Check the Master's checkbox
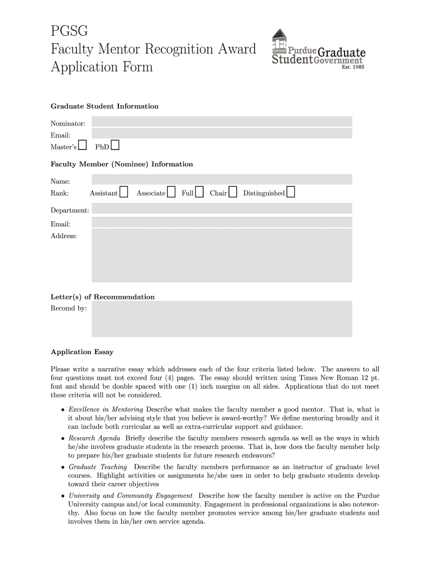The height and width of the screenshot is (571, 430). [x=83, y=146]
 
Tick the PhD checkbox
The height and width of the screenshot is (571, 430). [x=115, y=146]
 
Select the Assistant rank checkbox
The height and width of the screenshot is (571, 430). [x=124, y=192]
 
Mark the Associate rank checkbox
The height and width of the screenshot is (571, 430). [x=171, y=192]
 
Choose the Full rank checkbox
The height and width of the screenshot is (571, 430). [x=199, y=192]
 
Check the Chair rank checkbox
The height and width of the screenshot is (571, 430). [x=233, y=192]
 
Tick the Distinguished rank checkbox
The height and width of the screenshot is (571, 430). [x=291, y=192]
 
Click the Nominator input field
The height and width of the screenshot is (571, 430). [x=222, y=122]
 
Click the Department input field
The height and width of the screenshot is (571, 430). [x=222, y=209]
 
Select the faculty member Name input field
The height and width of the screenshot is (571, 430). [x=222, y=179]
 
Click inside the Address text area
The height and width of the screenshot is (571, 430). [x=222, y=256]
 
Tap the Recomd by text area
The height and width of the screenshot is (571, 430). [x=222, y=319]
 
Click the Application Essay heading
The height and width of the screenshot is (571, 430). [x=82, y=352]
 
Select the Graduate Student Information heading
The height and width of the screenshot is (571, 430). [x=104, y=106]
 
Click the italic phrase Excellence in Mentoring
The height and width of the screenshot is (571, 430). [x=106, y=409]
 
